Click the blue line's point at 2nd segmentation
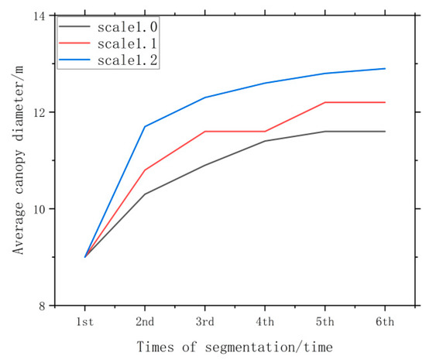click(145, 126)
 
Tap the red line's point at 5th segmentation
click(325, 102)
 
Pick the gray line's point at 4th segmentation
click(265, 141)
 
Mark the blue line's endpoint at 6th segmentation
click(384, 68)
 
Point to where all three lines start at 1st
click(85, 257)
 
